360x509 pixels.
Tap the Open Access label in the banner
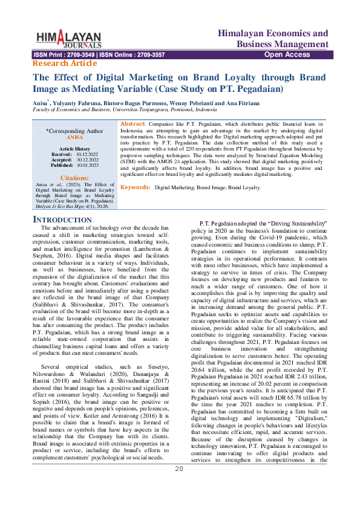point(287,55)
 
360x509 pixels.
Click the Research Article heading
point(64,63)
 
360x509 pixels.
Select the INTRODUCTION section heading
point(62,219)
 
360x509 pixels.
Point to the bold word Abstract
point(134,123)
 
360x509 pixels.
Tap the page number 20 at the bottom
point(179,485)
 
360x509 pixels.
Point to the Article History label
point(74,149)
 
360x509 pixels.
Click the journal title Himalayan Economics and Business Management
point(273,39)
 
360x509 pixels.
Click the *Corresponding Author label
point(74,131)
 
